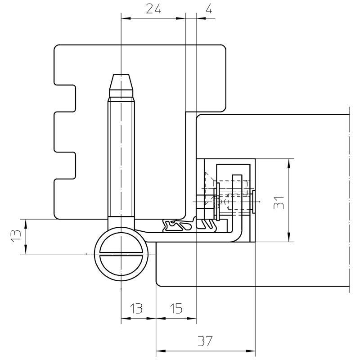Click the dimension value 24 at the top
tap(153, 9)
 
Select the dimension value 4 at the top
tap(208, 9)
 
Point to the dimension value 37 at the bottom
tap(205, 341)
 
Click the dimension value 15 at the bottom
tap(176, 308)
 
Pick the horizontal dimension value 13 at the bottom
tap(135, 308)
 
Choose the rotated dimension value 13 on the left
tap(16, 236)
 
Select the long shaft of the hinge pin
tap(121, 157)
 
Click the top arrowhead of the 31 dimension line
tap(288, 161)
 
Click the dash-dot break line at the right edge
tap(350, 198)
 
